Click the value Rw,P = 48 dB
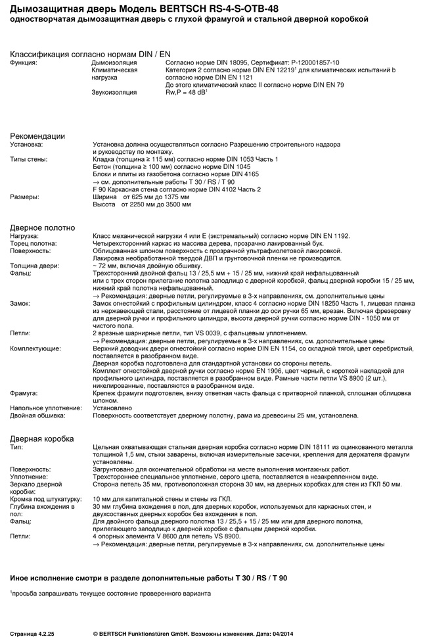(186, 92)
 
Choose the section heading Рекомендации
(37, 135)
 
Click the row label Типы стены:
(29, 160)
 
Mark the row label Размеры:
(24, 197)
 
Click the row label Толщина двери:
(35, 266)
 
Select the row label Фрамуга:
(24, 392)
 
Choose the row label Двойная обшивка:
(38, 415)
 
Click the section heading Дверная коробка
(42, 438)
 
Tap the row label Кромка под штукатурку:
(45, 499)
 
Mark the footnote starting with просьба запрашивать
(110, 594)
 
